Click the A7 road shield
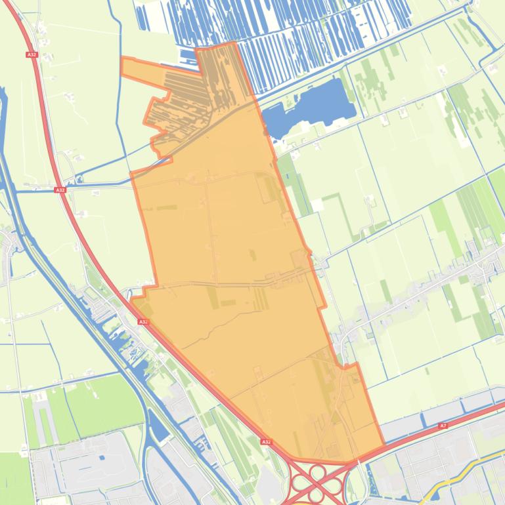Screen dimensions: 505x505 tap(443, 426)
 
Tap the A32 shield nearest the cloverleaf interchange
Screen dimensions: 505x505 tap(265, 442)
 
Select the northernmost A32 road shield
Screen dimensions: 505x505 tap(32, 54)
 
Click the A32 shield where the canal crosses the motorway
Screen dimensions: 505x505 tap(60, 190)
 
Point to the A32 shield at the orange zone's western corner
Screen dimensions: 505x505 tap(143, 322)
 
